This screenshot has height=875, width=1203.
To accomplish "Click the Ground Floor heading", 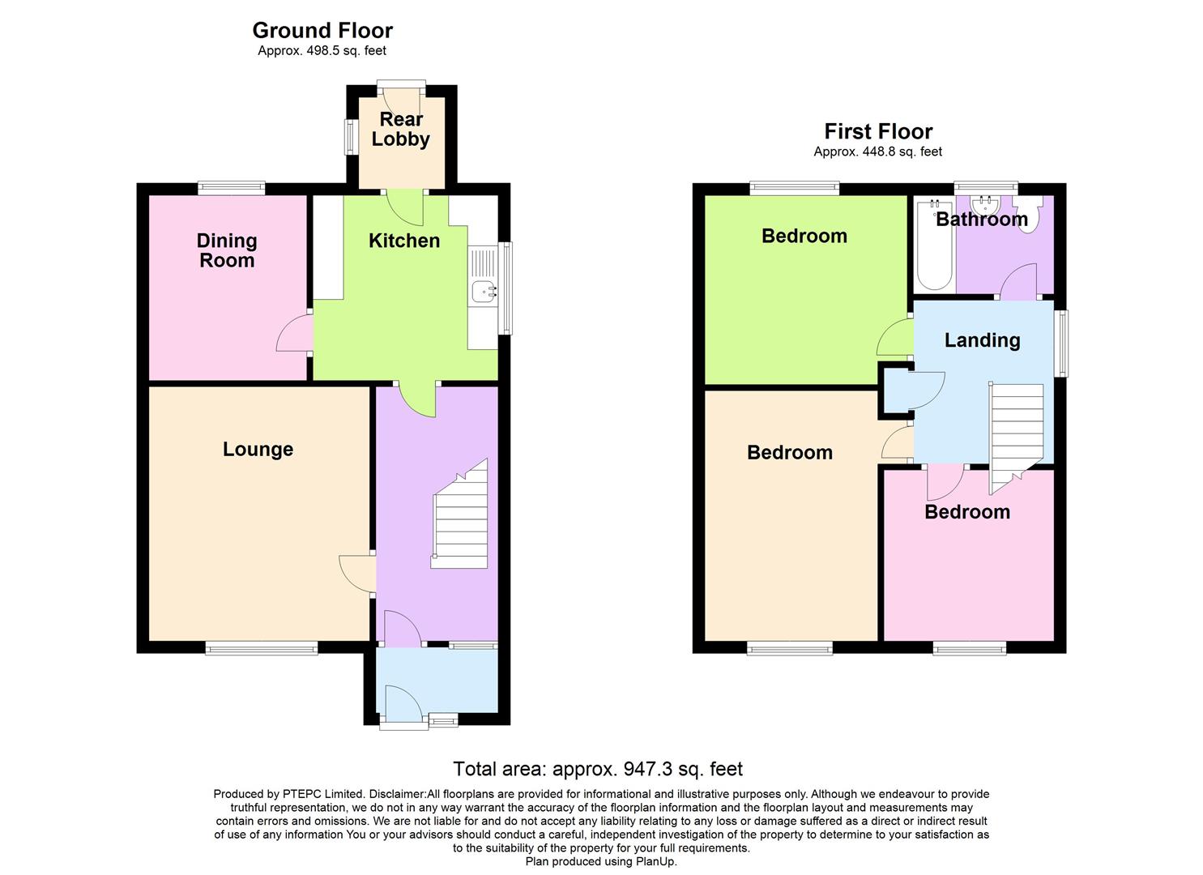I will pos(322,31).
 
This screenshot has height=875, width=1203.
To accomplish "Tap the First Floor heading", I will pos(878,131).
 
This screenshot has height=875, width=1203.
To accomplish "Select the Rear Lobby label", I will pos(401,130).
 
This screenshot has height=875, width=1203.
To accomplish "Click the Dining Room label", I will pos(227,250).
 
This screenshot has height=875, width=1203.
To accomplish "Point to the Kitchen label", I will pos(403,241).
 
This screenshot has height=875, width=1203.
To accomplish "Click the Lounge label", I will pos(258,450).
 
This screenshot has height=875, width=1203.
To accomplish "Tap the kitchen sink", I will pos(484,288).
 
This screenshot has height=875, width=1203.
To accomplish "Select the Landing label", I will pos(982,340).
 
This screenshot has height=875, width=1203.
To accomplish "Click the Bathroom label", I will pos(981,219).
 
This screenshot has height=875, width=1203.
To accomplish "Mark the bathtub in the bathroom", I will pos(934,244).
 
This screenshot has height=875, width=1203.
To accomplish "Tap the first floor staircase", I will pos(1017,433).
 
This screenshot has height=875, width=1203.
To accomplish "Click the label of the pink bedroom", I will pos(967,512).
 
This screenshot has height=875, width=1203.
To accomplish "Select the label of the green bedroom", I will pos(804,236).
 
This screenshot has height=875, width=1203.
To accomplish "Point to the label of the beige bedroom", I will pos(789,453).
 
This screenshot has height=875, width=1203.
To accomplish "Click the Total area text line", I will pos(597,769).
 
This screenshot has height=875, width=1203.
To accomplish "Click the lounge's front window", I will pos(261,647).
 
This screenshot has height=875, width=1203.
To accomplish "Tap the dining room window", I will pos(232,189).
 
